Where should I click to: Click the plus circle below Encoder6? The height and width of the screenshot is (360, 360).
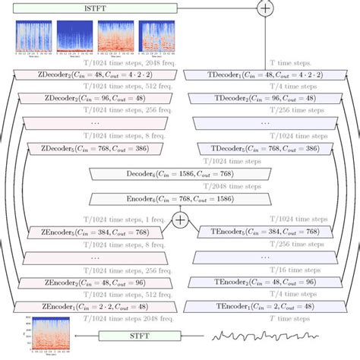click(180, 219)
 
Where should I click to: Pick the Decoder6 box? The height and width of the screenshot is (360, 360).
click(180, 174)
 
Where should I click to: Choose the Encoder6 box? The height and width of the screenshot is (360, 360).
click(180, 199)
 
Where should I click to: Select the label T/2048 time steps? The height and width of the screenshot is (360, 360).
click(180, 186)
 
